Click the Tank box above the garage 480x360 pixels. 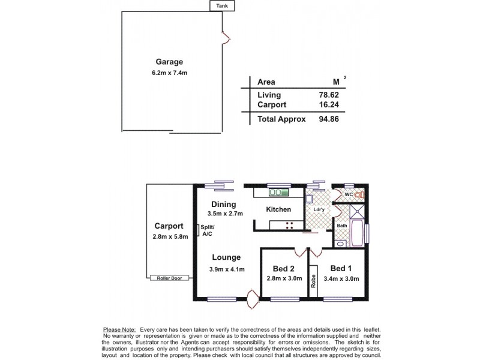[221, 6]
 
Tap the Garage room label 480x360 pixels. [169, 62]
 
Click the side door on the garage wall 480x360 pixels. [226, 38]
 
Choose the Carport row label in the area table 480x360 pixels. [272, 104]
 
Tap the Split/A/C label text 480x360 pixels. [208, 230]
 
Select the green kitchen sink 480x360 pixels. [278, 193]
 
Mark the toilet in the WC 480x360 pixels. [359, 195]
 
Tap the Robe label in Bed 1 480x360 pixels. [313, 282]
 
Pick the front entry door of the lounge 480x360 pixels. [252, 298]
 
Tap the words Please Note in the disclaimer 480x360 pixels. [119, 330]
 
